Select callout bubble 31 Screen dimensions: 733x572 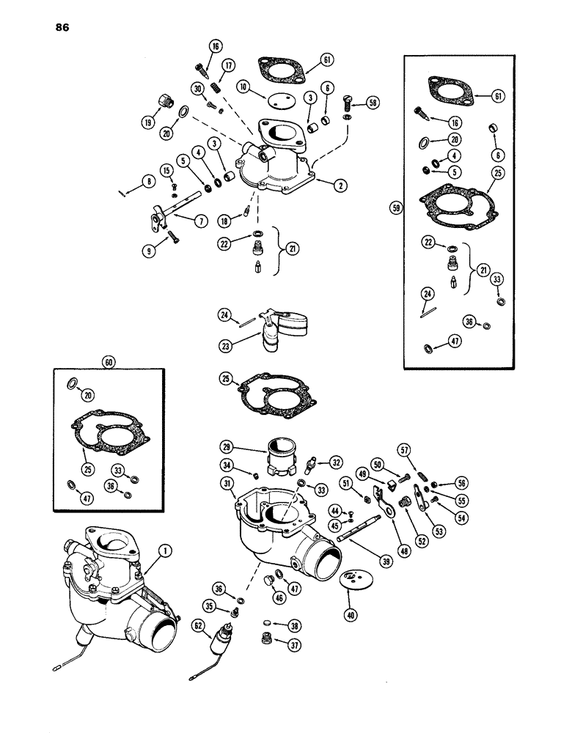(x=227, y=482)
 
